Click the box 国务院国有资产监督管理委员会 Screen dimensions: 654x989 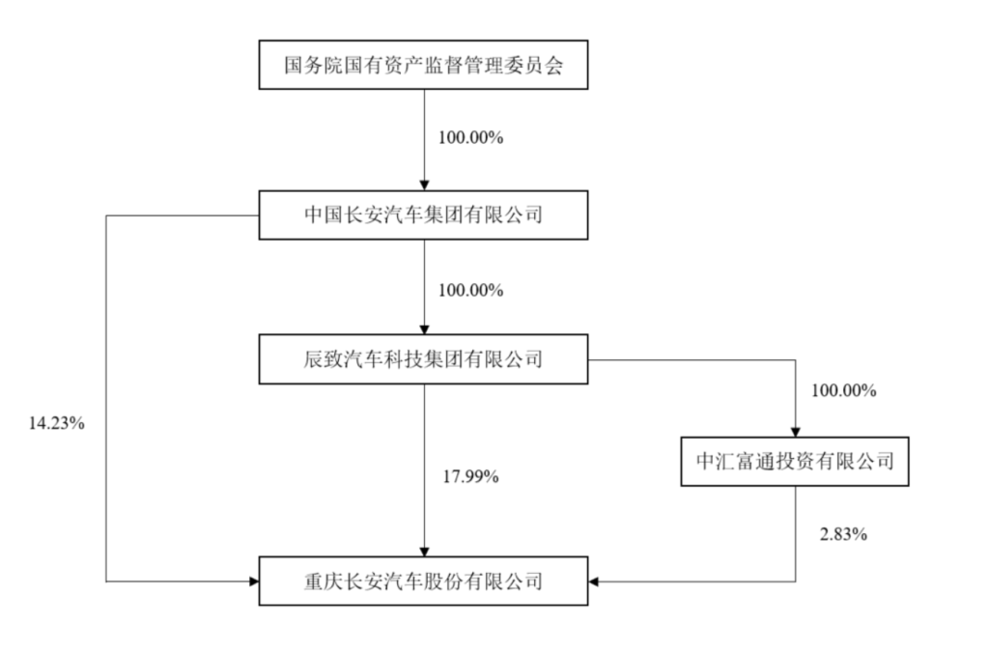point(423,66)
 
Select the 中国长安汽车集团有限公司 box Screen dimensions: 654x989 point(423,213)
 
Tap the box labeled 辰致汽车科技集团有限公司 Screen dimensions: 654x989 point(423,360)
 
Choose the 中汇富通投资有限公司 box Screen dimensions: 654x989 point(795,462)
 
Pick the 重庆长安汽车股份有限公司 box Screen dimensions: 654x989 point(423,581)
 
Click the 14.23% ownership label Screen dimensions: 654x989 point(56,423)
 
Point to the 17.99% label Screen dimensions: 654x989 point(469,476)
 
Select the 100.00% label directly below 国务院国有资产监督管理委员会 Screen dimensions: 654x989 point(470,137)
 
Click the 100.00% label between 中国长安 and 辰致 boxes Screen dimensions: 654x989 point(470,290)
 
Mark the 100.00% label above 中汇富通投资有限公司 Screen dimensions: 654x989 point(843,391)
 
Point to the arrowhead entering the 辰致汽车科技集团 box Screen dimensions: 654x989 point(424,330)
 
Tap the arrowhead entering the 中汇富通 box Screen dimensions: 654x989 point(795,432)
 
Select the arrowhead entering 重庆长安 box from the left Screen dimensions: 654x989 point(253,581)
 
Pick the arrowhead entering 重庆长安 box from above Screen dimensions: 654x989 point(424,551)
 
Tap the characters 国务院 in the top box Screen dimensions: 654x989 point(302,67)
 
